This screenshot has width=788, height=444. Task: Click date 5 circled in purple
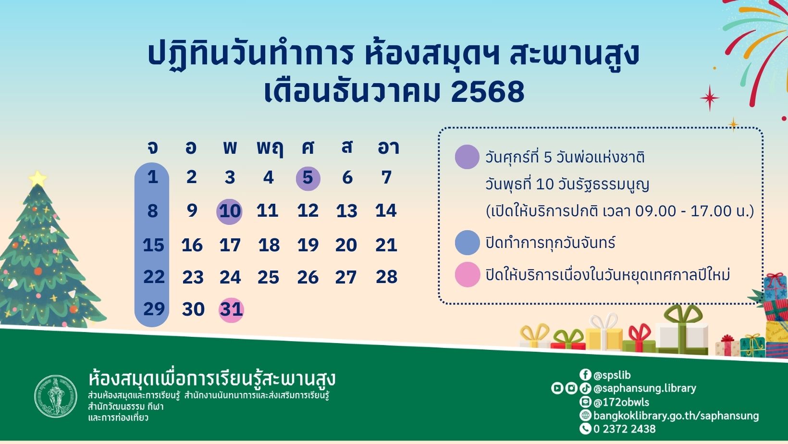pyautogui.click(x=308, y=178)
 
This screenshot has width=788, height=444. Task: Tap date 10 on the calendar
pyautogui.click(x=230, y=211)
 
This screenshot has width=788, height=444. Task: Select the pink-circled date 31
pyautogui.click(x=231, y=309)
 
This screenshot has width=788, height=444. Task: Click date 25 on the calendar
pyautogui.click(x=268, y=277)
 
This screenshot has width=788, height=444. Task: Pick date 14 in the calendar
pyautogui.click(x=386, y=211)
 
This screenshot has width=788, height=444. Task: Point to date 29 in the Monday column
pyautogui.click(x=153, y=309)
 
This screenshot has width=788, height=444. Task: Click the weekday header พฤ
pyautogui.click(x=270, y=148)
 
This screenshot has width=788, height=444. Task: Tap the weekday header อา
pyautogui.click(x=388, y=147)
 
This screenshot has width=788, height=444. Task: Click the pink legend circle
pyautogui.click(x=467, y=275)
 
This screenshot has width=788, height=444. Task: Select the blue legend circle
pyautogui.click(x=467, y=243)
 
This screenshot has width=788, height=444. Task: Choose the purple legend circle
pyautogui.click(x=467, y=157)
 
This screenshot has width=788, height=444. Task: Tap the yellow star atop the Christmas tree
pyautogui.click(x=37, y=179)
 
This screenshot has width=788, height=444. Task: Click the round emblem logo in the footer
pyautogui.click(x=56, y=396)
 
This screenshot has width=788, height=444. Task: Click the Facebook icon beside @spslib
pyautogui.click(x=585, y=375)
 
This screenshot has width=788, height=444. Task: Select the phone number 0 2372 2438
pyautogui.click(x=624, y=429)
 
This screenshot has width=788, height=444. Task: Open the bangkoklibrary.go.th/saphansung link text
pyautogui.click(x=676, y=416)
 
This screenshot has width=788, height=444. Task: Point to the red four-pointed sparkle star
pyautogui.click(x=709, y=98)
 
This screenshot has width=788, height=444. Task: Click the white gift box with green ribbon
pyautogui.click(x=682, y=332)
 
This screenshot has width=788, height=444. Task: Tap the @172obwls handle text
pyautogui.click(x=621, y=402)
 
